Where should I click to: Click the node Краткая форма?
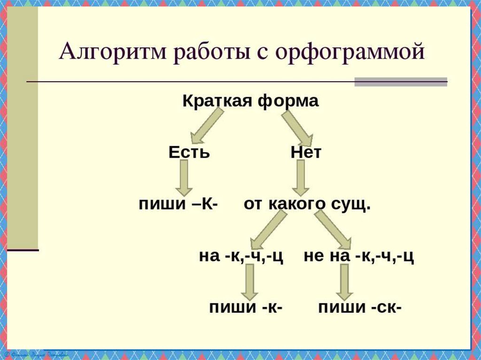[250, 101]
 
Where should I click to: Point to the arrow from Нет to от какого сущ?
[301, 177]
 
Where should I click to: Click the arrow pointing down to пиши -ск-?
[344, 281]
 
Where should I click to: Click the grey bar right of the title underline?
[400, 82]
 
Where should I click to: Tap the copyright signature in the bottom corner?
[38, 353]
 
